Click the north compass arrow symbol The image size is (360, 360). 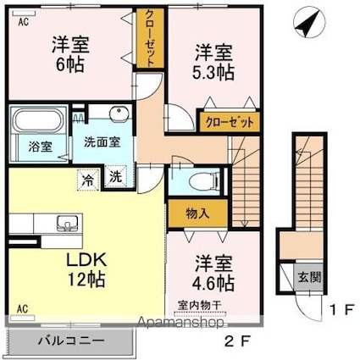click(309, 24)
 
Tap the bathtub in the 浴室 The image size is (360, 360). click(37, 120)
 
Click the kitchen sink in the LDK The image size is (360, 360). click(67, 223)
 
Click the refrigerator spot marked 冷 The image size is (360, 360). click(88, 180)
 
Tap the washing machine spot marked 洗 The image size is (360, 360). click(116, 177)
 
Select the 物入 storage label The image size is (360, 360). click(197, 213)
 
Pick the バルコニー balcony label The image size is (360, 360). click(71, 341)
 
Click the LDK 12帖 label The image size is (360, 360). click(86, 269)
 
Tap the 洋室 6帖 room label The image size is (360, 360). click(70, 54)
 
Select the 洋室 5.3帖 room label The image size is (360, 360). click(213, 63)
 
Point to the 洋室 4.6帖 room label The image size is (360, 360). click(213, 274)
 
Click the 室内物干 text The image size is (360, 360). click(200, 305)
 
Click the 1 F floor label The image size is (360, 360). click(342, 310)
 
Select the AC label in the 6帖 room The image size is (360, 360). click(24, 22)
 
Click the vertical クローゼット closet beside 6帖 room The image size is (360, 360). click(150, 38)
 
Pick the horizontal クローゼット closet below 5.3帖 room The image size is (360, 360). click(230, 122)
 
